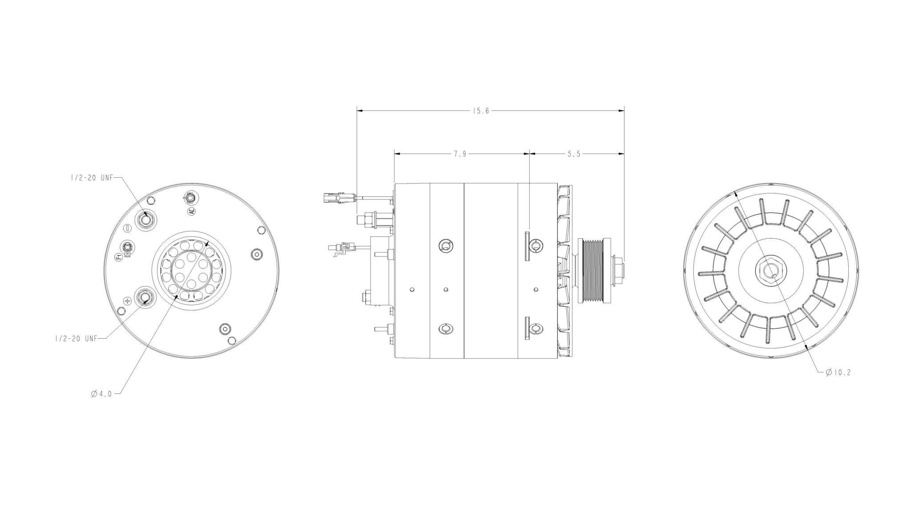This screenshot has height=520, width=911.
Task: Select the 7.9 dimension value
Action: click(x=460, y=154)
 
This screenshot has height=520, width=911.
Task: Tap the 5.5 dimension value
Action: click(x=574, y=154)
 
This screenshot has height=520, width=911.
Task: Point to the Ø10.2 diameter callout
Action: click(x=838, y=372)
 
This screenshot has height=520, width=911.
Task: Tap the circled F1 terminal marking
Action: click(x=118, y=257)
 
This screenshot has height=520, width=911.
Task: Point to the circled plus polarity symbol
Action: click(x=128, y=301)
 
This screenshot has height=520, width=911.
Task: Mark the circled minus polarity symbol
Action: click(x=128, y=228)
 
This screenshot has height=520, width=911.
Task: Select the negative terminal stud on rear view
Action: click(x=145, y=219)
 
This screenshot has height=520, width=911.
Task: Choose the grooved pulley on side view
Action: click(x=592, y=271)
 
